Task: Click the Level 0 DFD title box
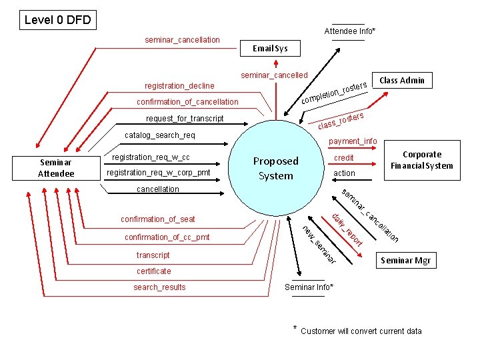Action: coord(57,20)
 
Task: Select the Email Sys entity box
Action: coord(270,48)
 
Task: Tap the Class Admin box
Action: coord(402,80)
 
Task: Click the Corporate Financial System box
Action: coord(422,160)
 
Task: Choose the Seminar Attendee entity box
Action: coord(57,168)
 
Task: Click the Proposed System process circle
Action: coord(275,168)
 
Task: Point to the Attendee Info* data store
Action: coord(350,31)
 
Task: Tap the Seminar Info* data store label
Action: coord(309,287)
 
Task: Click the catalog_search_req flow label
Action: coord(160,135)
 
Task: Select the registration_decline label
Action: coord(179,85)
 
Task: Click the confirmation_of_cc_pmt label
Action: coord(167,237)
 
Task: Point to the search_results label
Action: coord(159,287)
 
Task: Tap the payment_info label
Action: coord(353,141)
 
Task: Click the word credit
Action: coord(344,158)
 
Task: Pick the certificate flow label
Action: coord(153,271)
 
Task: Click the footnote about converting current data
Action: coord(361,331)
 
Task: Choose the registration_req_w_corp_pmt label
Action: coord(158,173)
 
